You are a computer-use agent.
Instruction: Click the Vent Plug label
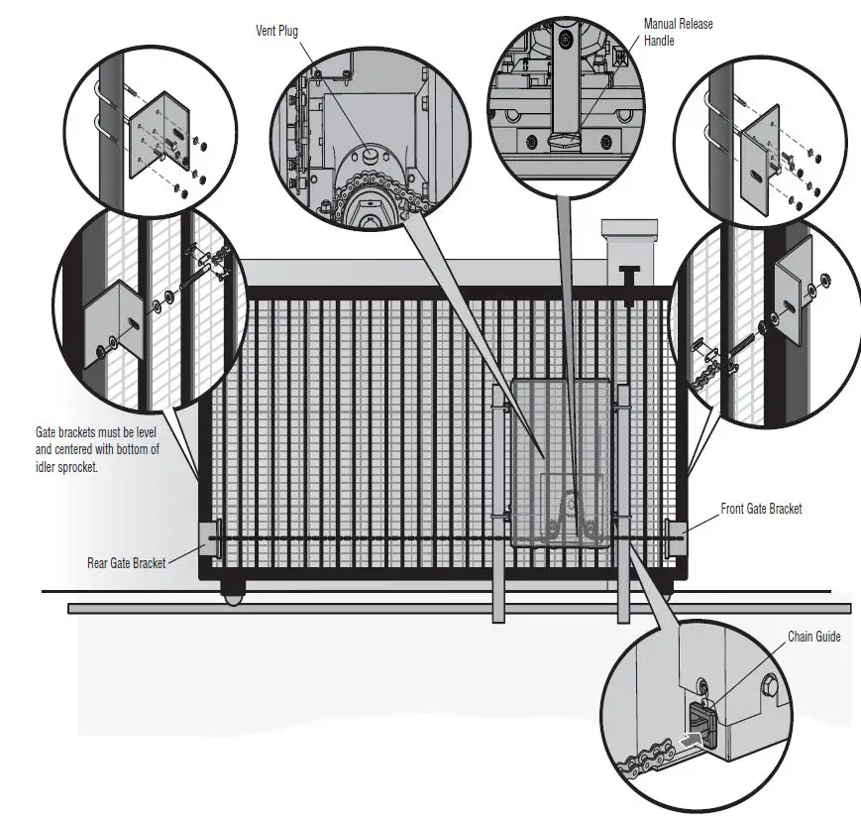[276, 31]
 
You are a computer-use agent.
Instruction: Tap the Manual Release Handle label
[678, 31]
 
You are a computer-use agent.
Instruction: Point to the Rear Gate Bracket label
[126, 563]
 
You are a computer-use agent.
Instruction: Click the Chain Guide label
[813, 637]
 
